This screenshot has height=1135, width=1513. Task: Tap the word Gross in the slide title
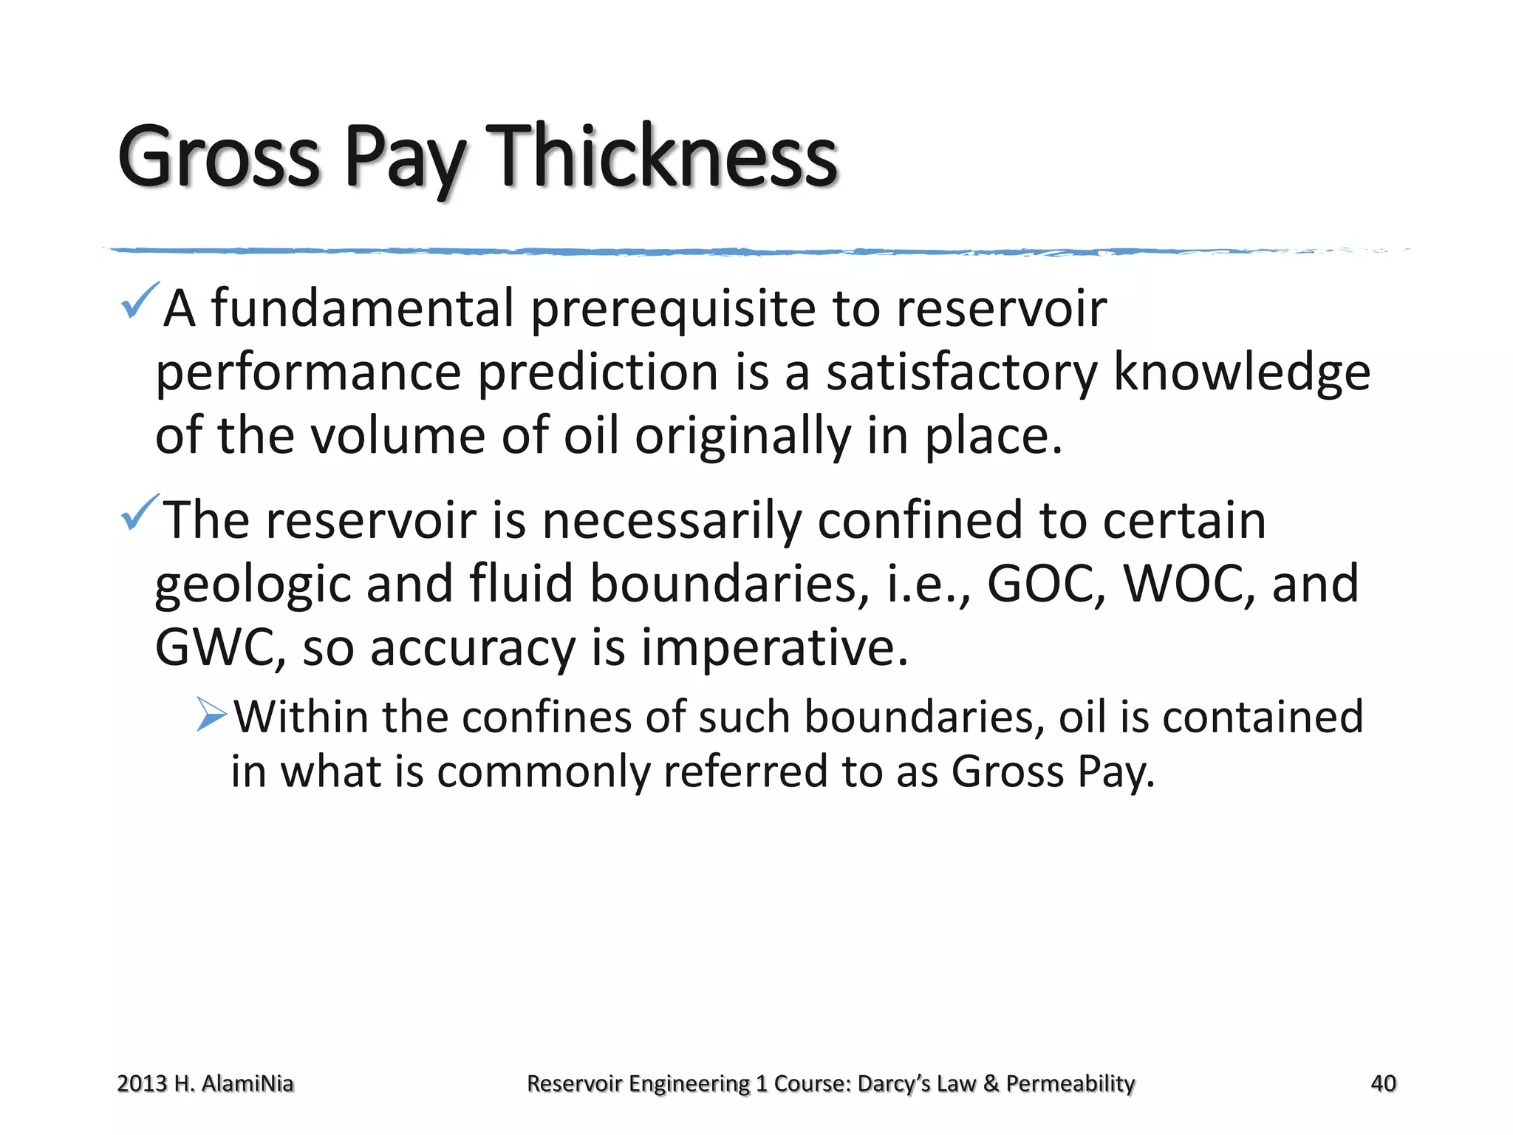click(x=219, y=157)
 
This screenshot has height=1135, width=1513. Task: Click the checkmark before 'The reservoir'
click(x=139, y=512)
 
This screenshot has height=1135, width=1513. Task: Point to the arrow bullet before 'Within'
click(x=212, y=715)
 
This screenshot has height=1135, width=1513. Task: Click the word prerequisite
click(x=673, y=308)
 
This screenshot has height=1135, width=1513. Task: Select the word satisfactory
click(x=961, y=372)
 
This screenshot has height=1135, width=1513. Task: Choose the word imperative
click(x=773, y=647)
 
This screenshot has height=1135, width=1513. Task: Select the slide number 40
click(x=1383, y=1083)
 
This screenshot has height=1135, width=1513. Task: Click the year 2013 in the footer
click(x=142, y=1083)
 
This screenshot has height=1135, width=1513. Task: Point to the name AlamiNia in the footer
click(x=247, y=1083)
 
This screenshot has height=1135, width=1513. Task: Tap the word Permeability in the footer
click(x=1070, y=1083)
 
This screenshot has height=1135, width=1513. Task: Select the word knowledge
click(x=1241, y=372)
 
